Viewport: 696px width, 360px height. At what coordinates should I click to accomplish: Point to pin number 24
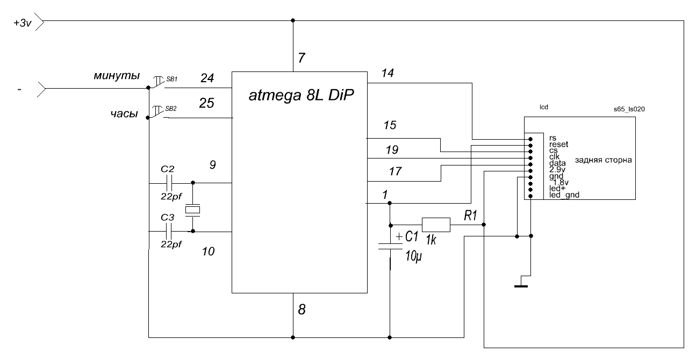207,78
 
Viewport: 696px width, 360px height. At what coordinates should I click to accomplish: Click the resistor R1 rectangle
435,225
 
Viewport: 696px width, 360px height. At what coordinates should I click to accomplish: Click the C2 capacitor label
168,169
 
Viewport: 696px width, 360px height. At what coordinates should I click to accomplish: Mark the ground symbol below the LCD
520,285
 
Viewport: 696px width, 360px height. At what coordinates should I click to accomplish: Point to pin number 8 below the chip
302,310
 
